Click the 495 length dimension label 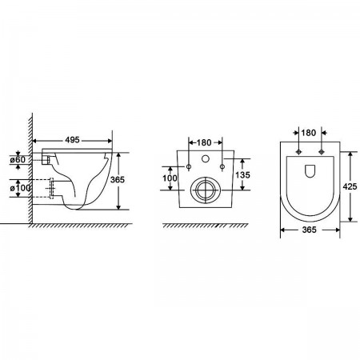click(73, 140)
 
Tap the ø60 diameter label click(18, 159)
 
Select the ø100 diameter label click(20, 188)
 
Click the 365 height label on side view click(118, 179)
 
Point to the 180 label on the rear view click(204, 142)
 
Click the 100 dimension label click(170, 178)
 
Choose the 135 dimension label click(242, 174)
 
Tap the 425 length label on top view click(350, 186)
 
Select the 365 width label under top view click(310, 230)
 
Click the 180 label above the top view click(309, 133)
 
